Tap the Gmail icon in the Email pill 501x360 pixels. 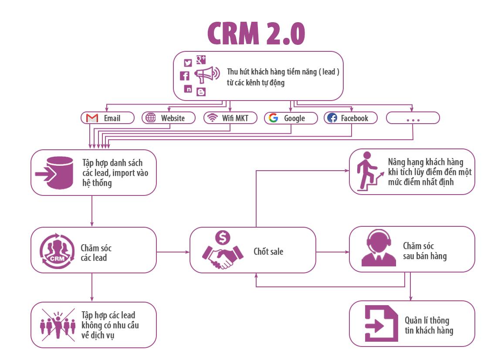point(92,118)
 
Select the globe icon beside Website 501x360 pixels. point(151,118)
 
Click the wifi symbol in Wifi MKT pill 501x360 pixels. point(213,118)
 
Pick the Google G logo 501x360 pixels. point(273,118)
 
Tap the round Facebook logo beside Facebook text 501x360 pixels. point(332,118)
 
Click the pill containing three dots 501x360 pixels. point(413,118)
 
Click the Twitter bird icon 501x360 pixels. point(188,63)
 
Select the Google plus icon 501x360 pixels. point(201,60)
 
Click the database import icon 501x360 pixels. point(54,172)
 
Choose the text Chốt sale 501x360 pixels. point(268,252)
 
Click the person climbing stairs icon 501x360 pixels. point(369,172)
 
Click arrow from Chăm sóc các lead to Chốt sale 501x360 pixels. point(173,252)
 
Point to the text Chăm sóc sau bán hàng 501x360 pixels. point(424,251)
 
